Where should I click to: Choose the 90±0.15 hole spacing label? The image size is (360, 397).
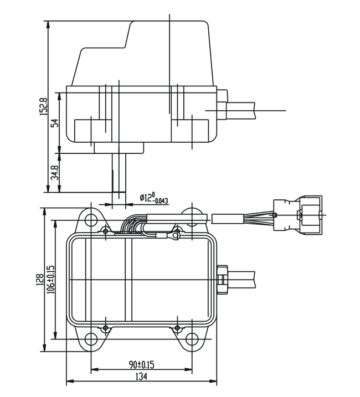[141, 364]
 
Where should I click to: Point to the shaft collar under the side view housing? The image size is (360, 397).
[119, 147]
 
